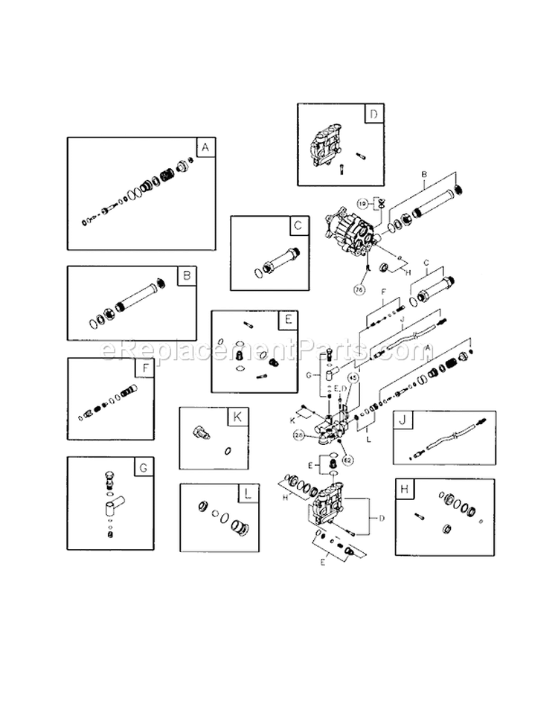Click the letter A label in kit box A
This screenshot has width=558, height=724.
click(x=205, y=148)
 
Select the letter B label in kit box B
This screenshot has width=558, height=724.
click(x=186, y=277)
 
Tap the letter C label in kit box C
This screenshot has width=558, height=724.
click(x=297, y=226)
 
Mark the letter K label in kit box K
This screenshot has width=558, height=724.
click(x=236, y=417)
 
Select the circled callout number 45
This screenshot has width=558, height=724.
click(x=354, y=378)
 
